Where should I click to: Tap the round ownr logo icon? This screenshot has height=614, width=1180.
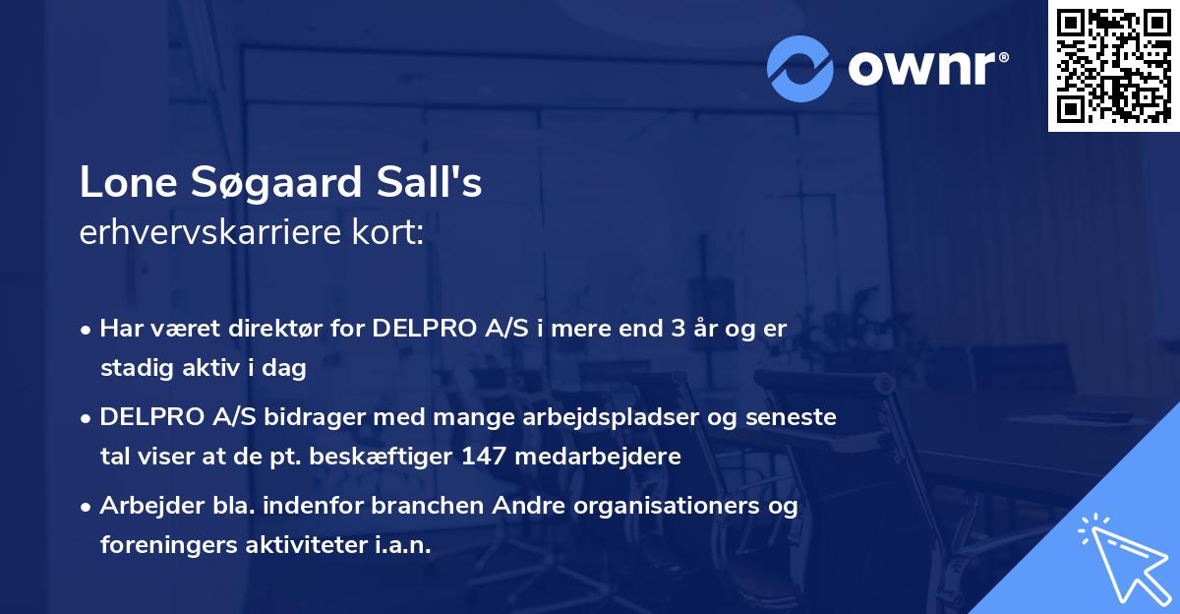[x=800, y=68]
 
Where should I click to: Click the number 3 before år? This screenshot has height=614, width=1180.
[x=678, y=330]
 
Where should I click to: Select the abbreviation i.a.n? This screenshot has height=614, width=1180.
[x=402, y=545]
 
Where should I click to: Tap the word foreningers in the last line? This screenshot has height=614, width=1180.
[x=163, y=545]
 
